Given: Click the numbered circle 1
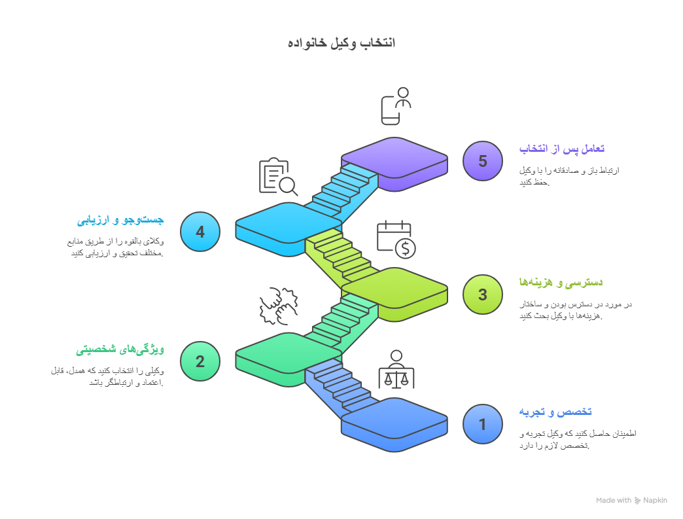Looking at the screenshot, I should coord(482,424).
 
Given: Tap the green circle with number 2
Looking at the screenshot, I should coord(200,361).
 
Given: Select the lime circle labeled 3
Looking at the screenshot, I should coord(482,295).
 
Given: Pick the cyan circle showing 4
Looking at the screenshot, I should coord(200,232).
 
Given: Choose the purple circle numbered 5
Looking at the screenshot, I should coord(482,161).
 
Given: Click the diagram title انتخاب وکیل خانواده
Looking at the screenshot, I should coord(341,43).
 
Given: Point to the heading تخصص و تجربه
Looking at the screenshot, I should coord(555,412).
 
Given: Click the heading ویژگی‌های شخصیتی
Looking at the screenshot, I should coord(120,349).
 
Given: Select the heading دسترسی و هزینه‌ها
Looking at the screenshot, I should coord(560,282).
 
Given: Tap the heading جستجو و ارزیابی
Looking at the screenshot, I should coord(121,219).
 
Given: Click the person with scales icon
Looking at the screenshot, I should coord(396,370).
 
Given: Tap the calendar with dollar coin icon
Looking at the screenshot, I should coord(396,239).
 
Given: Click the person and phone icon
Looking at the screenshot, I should coord(396,106).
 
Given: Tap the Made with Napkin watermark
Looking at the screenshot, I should coord(631,500).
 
